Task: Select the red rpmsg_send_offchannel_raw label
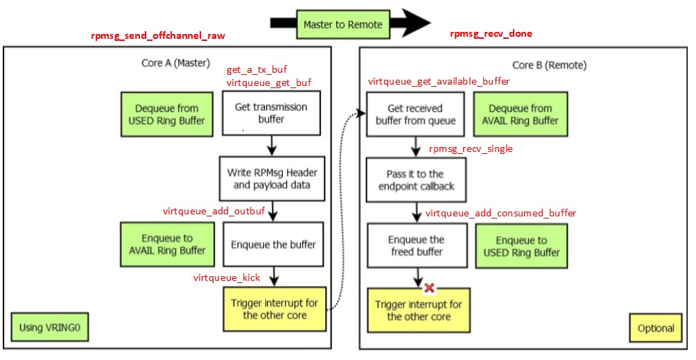coord(158,35)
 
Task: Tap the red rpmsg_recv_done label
coord(491,33)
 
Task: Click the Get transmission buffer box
coord(271,113)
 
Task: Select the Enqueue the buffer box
coord(272,244)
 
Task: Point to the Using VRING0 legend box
coord(50,326)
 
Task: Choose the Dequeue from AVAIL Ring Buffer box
coord(520,114)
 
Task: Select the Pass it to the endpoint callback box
coord(416,180)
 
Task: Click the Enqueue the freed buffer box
coord(416,246)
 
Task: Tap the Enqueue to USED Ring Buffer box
coord(521,246)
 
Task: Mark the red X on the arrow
coord(429,287)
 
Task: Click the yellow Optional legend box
coord(655,328)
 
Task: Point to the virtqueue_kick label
coord(227,277)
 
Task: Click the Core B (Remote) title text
coord(549,65)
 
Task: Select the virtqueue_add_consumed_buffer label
coord(501,213)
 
